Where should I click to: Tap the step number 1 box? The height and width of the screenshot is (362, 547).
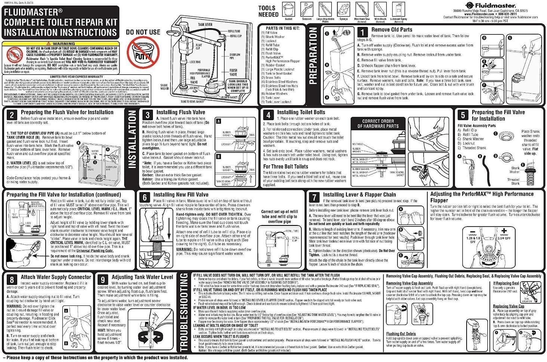[x=363, y=31]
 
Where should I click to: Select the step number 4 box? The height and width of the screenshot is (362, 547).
[x=268, y=115]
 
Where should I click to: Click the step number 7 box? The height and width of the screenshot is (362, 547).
[x=314, y=197]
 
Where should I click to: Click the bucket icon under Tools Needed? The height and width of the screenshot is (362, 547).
[x=288, y=9]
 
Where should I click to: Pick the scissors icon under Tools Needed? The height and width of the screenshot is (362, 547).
[x=307, y=9]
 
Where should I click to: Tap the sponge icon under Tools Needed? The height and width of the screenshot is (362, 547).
[x=343, y=9]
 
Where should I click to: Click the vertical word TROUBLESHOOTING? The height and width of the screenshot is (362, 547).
[x=184, y=313]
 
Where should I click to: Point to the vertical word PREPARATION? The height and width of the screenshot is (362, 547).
[x=313, y=56]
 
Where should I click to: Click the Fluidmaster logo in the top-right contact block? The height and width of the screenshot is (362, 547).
[x=490, y=5]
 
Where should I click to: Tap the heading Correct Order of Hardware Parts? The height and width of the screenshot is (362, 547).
[x=378, y=124]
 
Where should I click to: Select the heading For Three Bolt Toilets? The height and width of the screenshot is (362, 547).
[x=286, y=167]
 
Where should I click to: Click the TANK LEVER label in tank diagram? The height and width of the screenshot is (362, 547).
[x=205, y=25]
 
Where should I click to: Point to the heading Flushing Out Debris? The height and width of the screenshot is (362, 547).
[x=401, y=334]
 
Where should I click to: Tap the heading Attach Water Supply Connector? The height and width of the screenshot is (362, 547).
[x=56, y=277]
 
